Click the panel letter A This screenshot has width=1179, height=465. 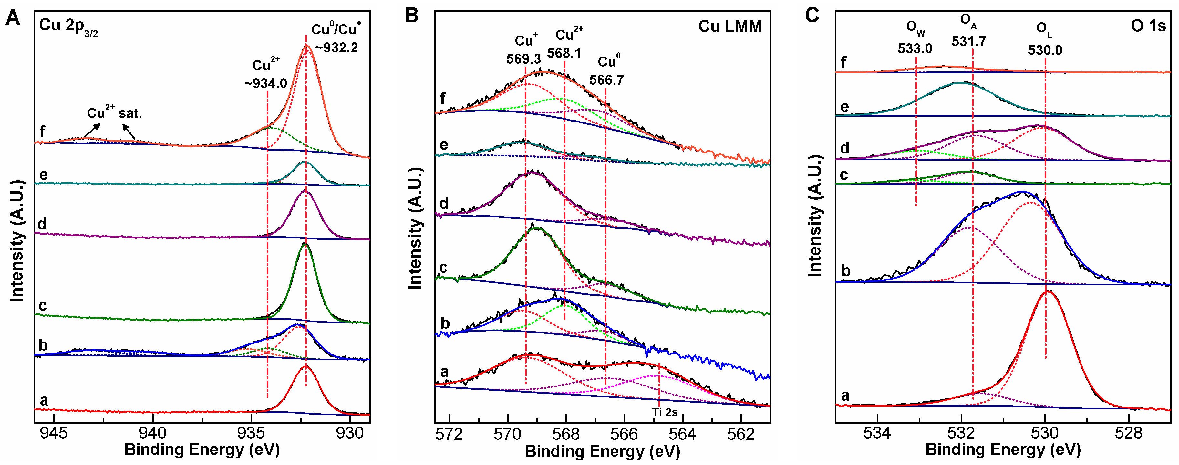coord(13,19)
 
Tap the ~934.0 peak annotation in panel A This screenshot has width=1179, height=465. coord(265,83)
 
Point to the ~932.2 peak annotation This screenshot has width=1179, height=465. coord(336,47)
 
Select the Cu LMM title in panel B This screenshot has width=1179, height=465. coord(730,26)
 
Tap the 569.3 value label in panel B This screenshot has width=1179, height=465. coord(523,58)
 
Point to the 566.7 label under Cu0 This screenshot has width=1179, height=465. coord(606,80)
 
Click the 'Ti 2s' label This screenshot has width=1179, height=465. coord(665,412)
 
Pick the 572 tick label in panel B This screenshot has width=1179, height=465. coord(449,434)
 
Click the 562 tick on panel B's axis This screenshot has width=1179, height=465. coord(741,434)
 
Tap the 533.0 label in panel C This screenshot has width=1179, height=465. coord(915,48)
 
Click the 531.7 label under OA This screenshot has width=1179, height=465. coord(969,42)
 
